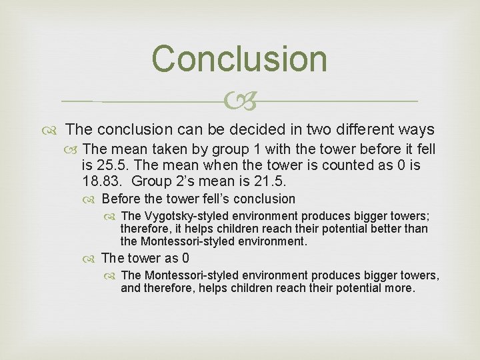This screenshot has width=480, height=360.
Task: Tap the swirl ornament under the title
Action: (239, 102)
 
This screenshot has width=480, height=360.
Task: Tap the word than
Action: (417, 229)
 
